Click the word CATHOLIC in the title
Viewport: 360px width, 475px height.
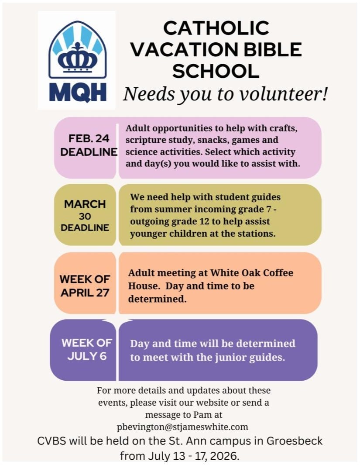(216, 28)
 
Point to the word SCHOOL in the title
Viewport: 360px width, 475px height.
(216, 71)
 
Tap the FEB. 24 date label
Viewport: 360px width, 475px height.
(89, 138)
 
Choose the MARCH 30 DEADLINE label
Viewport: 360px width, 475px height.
(85, 215)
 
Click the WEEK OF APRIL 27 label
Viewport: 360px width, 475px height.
(85, 286)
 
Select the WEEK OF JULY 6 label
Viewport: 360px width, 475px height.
(86, 349)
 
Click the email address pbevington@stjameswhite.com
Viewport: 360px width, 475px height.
(183, 427)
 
